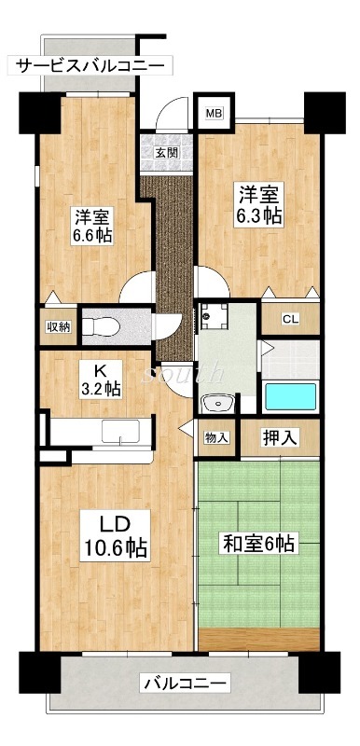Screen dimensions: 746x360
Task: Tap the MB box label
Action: pos(214,114)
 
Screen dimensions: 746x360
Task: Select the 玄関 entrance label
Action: pos(167,153)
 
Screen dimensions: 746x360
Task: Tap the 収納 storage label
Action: pos(58,326)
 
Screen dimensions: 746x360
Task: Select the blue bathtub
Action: pos(291,397)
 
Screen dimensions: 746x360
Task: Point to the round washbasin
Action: pos(216,404)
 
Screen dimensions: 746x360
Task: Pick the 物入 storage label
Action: pos(216,437)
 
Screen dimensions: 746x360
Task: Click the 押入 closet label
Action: pos(279,436)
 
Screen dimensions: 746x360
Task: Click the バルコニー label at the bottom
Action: pos(183,685)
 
